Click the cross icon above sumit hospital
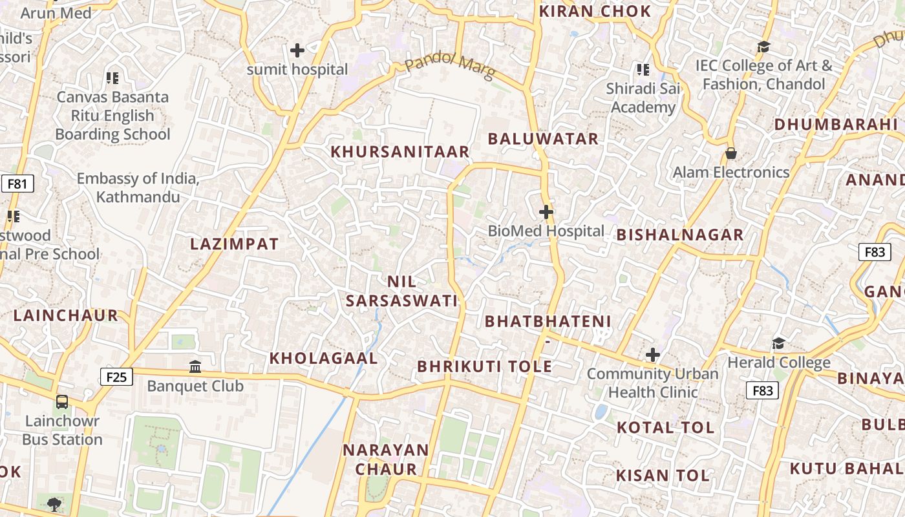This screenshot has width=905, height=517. coord(297,50)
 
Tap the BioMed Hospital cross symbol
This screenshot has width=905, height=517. coord(546,211)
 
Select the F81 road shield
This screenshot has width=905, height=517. coord(17,184)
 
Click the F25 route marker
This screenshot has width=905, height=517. coord(117,377)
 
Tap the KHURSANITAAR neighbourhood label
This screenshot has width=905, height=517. coord(400,152)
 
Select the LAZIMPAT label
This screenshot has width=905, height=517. coord(235,244)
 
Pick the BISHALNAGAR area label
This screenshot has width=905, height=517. coord(680,235)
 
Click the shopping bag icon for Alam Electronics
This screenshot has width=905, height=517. coord(730,153)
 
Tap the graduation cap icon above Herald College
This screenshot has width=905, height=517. coord(778,343)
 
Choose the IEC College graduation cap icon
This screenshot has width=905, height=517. coord(763,47)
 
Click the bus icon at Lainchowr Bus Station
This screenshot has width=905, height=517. coord(62,402)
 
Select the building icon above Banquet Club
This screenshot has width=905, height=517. coord(195,367)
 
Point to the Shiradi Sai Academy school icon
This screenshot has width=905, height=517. coord(643,69)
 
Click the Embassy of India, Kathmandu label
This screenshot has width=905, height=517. coord(138,187)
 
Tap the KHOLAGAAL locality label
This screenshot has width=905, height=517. coord(323,358)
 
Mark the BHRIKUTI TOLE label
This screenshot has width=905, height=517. coord(485,366)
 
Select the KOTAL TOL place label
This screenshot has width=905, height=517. coord(665,427)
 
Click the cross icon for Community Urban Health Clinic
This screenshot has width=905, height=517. coord(653,355)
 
